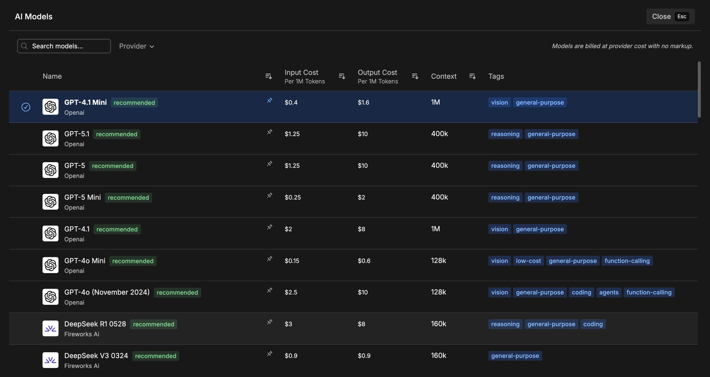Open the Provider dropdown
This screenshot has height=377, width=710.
[136, 46]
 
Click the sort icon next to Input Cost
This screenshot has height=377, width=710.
[342, 76]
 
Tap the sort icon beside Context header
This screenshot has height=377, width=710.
[472, 76]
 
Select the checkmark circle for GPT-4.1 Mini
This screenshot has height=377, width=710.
[26, 107]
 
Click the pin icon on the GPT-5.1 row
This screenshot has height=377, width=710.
[270, 132]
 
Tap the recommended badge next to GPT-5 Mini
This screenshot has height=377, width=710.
[128, 197]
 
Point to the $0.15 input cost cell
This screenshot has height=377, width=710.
[292, 261]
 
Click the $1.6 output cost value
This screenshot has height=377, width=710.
[363, 103]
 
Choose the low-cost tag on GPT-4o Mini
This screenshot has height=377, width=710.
[528, 261]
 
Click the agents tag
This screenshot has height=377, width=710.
[609, 292]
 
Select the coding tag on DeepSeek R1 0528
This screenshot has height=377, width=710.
[593, 324]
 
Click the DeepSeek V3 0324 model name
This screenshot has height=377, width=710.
[96, 355]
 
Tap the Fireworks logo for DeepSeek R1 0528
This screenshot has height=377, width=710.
[50, 328]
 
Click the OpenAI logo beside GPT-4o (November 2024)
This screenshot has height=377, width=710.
[50, 297]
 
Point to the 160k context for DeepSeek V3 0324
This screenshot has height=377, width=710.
[438, 355]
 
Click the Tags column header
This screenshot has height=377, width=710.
[496, 76]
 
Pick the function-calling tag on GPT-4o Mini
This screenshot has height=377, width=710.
[627, 261]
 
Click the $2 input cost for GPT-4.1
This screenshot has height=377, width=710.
[288, 229]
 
